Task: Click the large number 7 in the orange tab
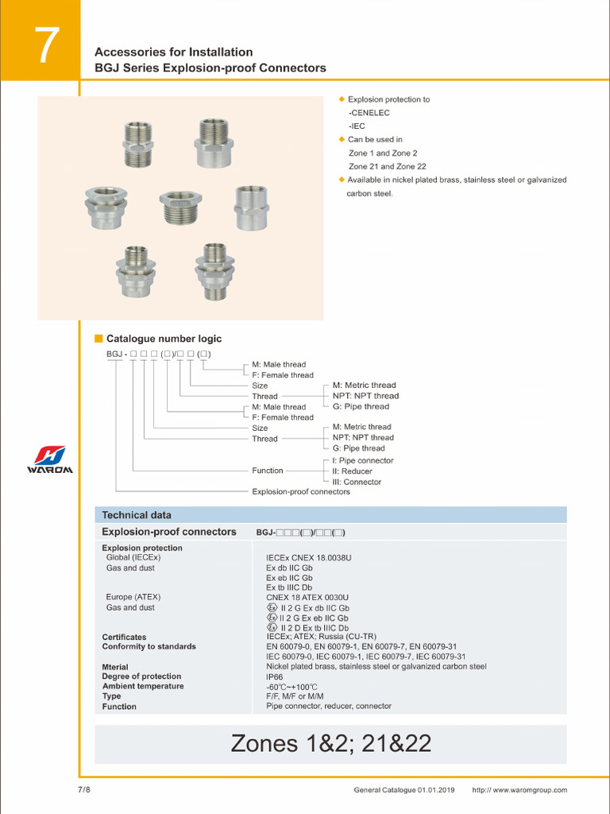(x=46, y=47)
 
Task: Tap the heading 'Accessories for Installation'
(x=173, y=52)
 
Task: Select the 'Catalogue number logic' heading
(x=164, y=339)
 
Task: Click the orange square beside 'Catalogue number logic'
(x=99, y=339)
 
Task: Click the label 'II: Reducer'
(x=352, y=471)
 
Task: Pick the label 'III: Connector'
(x=357, y=482)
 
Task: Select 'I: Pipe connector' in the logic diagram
(x=363, y=460)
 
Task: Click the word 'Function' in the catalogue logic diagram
(x=268, y=471)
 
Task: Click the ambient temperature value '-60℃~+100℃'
(x=291, y=687)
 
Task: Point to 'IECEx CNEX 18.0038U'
(x=308, y=558)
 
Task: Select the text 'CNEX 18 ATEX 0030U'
(x=307, y=597)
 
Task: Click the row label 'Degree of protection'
(x=141, y=676)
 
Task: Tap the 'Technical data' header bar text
(x=137, y=515)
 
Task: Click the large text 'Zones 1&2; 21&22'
(x=330, y=743)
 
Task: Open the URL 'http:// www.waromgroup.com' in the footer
(x=519, y=790)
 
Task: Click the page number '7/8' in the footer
(x=84, y=790)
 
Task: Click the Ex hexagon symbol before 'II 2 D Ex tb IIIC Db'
(x=272, y=627)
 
